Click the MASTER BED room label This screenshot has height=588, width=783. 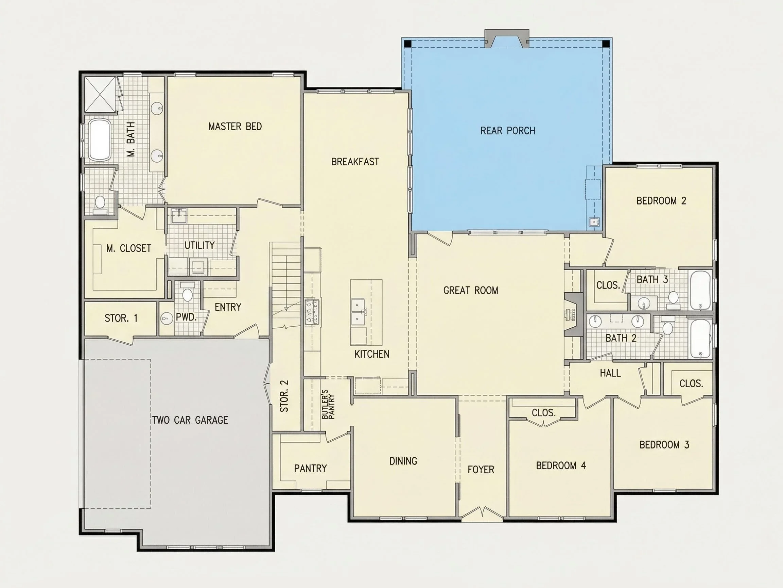(235, 127)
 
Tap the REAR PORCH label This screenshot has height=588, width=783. (508, 131)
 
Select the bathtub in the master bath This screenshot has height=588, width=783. (100, 140)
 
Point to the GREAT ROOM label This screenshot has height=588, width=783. (471, 291)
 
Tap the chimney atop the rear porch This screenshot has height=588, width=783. (507, 38)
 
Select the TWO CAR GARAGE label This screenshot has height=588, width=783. (190, 420)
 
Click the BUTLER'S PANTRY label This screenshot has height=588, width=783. (328, 404)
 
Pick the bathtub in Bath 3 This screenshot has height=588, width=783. (700, 290)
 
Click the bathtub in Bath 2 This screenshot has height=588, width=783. (700, 339)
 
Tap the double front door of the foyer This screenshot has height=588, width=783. (482, 512)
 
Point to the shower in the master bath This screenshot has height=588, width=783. (101, 94)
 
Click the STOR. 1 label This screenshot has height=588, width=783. (121, 318)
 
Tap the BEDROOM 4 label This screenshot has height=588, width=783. (561, 465)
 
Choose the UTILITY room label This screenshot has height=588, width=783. (199, 245)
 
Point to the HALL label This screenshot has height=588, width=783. (610, 373)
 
